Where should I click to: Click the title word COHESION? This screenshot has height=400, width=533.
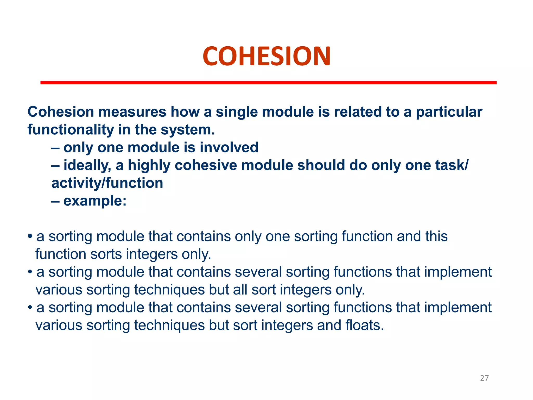(266, 56)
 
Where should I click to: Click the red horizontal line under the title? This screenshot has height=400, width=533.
(268, 83)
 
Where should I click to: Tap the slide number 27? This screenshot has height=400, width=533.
(484, 378)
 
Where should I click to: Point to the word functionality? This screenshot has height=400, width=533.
(71, 130)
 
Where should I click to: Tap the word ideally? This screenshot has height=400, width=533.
(87, 166)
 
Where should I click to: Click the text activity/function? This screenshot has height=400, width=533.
(107, 183)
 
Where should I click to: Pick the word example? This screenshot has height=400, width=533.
(95, 201)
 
